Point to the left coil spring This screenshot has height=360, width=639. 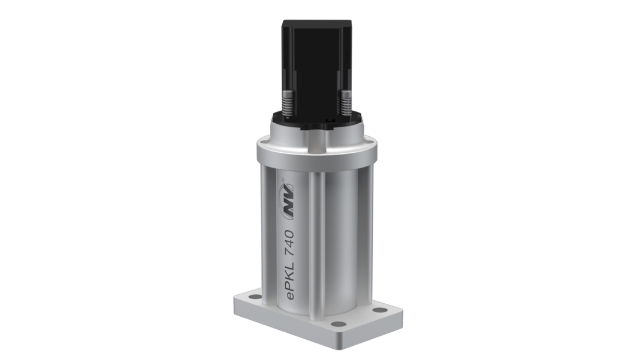coord(288,102)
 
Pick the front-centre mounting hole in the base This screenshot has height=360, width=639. coord(338,324)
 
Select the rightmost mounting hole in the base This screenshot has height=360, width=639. coord(379,310)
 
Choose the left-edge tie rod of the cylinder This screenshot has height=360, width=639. coord(264,231)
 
